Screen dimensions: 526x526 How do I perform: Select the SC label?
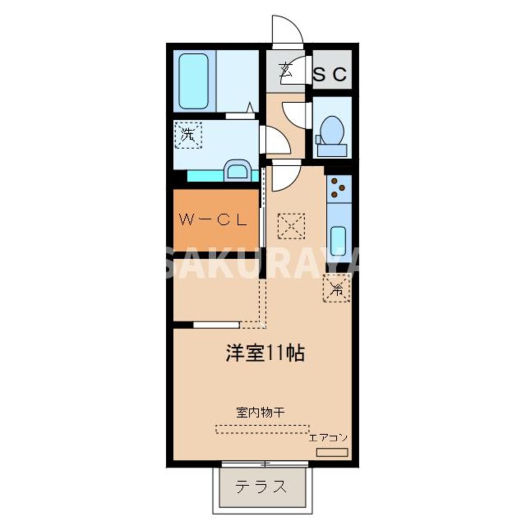click(330, 75)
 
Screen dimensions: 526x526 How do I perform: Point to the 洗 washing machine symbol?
click(188, 134)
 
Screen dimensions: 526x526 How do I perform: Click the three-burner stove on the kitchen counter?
click(338, 187)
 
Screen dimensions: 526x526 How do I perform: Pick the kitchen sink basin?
click(338, 238)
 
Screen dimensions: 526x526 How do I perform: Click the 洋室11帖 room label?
click(264, 354)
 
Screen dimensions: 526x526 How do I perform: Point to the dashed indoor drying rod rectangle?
click(262, 429)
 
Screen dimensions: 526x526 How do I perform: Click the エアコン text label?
click(329, 438)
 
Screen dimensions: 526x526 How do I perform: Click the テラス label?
click(261, 487)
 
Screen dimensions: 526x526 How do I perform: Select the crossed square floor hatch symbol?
click(291, 225)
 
